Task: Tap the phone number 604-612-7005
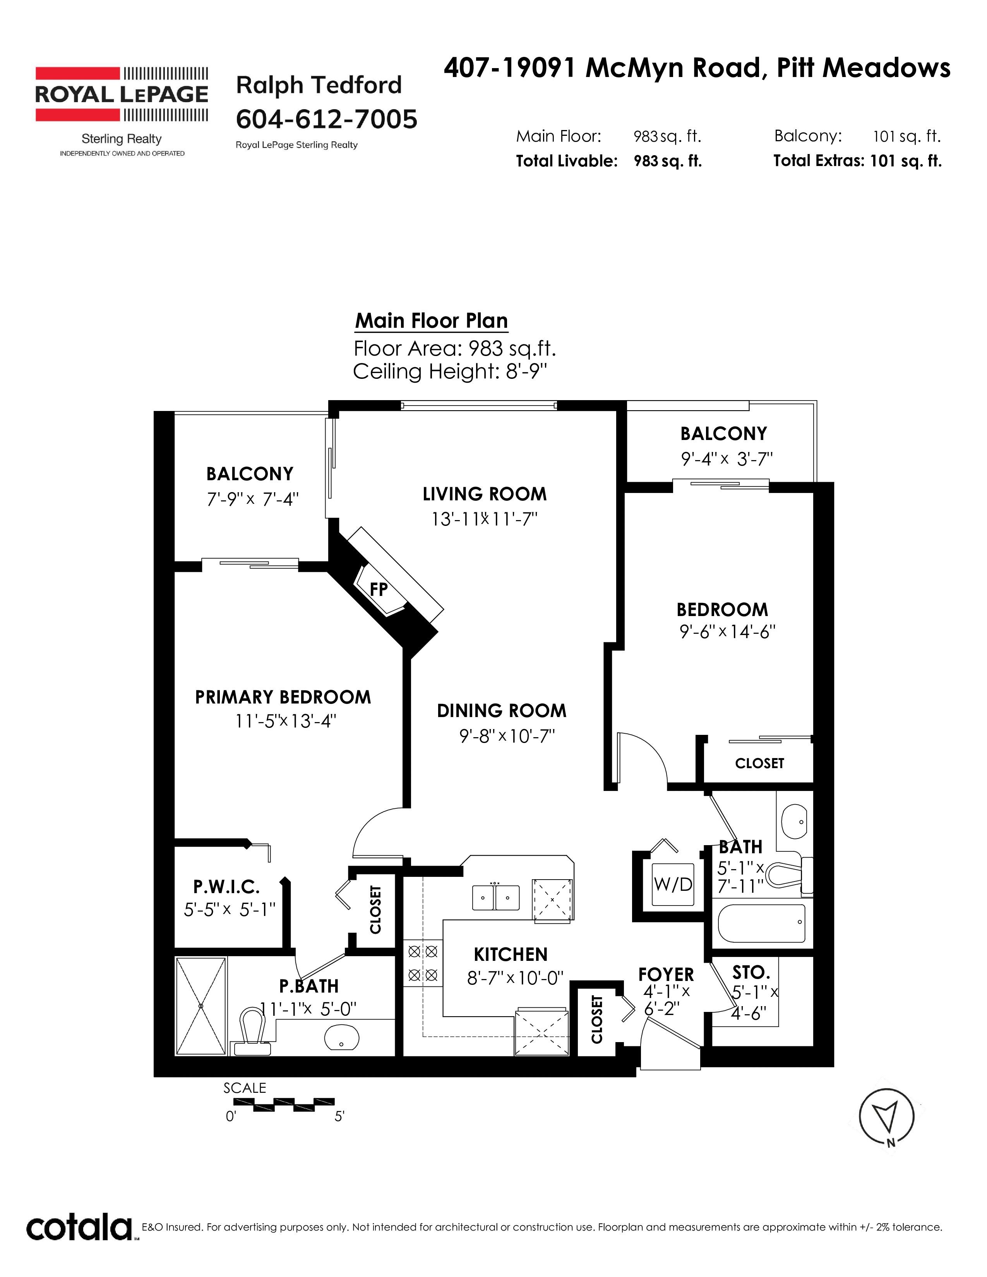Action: pos(326,119)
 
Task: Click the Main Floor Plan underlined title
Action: pos(432,321)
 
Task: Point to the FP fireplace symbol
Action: pos(379,589)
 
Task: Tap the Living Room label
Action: pos(485,494)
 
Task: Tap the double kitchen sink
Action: pos(495,896)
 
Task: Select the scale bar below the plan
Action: pos(284,1104)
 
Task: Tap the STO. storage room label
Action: pos(751,972)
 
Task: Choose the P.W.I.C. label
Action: pos(226,887)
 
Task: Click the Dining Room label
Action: pos(502,710)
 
